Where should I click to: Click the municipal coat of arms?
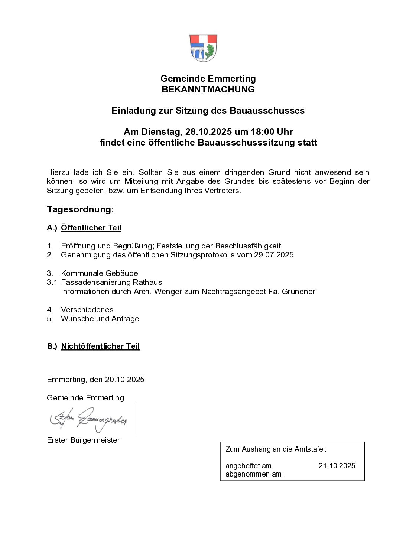click(x=203, y=48)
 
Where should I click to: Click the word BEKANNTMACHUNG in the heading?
click(x=208, y=90)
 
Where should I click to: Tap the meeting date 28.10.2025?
click(x=208, y=132)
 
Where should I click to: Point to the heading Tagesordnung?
click(x=80, y=209)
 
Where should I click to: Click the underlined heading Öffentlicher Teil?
click(x=91, y=228)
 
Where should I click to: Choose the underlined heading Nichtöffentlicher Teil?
click(x=100, y=346)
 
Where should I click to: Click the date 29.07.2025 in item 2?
click(x=274, y=255)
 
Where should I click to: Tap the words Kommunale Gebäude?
click(x=99, y=273)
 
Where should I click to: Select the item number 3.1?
click(x=52, y=282)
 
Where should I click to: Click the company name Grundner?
click(x=298, y=292)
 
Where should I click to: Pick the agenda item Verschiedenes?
click(x=87, y=310)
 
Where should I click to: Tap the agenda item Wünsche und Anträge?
click(x=100, y=319)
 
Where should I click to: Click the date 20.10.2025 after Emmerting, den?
click(x=124, y=380)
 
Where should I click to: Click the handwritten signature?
click(x=89, y=419)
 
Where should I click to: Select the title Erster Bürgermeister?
click(x=83, y=440)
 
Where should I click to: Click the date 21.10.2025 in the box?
click(x=337, y=466)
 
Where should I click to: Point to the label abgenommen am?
click(x=254, y=474)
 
